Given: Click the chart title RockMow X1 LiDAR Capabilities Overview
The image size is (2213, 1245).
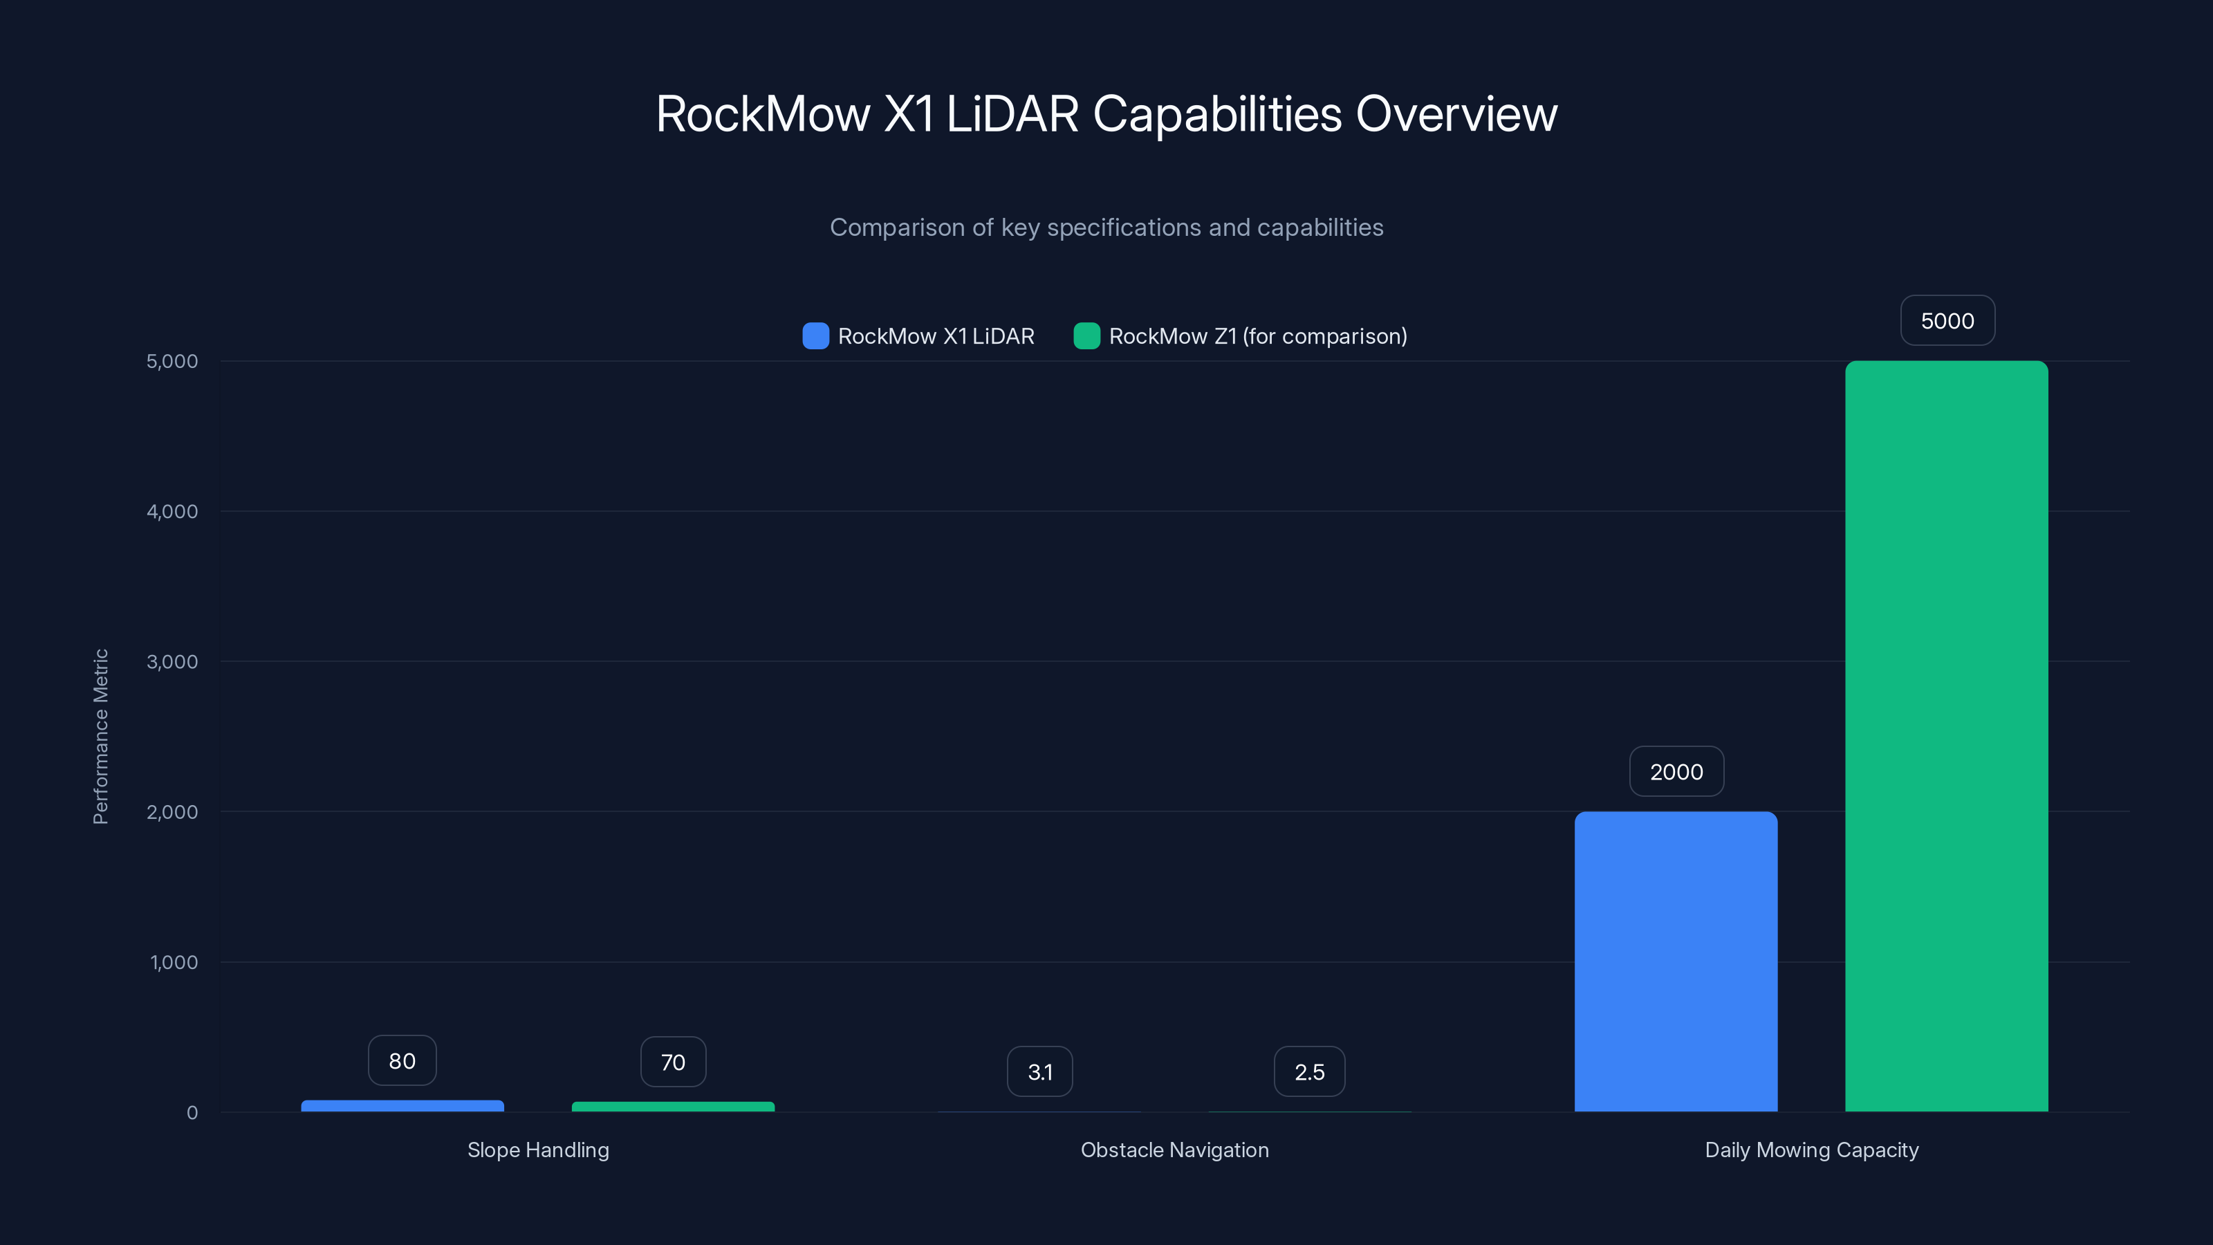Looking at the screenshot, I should pos(1106,114).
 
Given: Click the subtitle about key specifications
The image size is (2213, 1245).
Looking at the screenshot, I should pos(1106,228).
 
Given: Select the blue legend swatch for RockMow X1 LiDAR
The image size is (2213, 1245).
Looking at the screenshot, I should pos(815,336).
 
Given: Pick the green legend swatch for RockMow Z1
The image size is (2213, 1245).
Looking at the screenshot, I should pos(1086,336).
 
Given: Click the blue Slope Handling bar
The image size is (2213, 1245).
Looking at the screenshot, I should pos(402,1106).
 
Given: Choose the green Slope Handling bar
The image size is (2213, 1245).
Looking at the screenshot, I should pos(673,1107).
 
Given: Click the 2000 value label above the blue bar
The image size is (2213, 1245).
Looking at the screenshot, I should pos(1676,772).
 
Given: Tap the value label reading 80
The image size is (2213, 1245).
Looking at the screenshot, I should pos(402,1061).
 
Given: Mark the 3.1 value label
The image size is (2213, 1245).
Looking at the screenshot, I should pos(1039,1072).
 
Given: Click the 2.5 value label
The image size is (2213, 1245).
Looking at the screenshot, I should pos(1309,1072).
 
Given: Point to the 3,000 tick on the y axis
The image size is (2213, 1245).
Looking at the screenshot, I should pos(172,662).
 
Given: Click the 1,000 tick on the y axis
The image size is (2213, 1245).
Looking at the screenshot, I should pos(174,962).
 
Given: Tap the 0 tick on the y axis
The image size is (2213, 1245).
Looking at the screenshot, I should pos(192,1113).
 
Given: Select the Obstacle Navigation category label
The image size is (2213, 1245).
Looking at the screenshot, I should pos(1174,1150).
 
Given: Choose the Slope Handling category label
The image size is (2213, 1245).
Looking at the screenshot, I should pos(538,1150).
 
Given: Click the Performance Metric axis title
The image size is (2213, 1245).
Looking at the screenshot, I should pos(100,737).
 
